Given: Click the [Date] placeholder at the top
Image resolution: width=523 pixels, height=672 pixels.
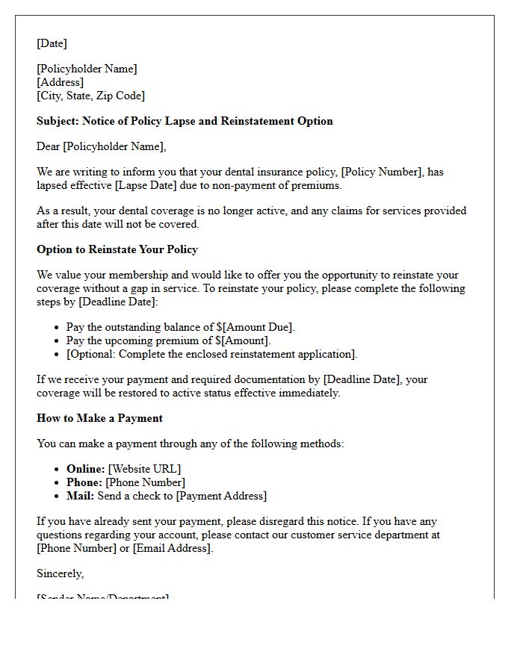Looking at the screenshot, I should (x=52, y=43).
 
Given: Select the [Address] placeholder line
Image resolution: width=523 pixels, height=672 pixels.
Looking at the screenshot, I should (x=60, y=82).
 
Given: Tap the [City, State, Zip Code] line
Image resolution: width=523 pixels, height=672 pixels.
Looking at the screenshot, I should (x=90, y=96).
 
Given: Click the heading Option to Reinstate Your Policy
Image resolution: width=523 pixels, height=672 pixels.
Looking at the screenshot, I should (x=117, y=249).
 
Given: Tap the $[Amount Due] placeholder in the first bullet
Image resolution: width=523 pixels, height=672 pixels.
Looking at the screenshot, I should (x=253, y=327).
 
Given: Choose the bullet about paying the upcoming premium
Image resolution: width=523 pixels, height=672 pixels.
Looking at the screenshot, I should (x=168, y=340).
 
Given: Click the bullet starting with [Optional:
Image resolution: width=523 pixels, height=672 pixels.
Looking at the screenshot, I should (x=211, y=354).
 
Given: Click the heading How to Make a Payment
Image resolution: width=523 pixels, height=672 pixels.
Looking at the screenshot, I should (x=99, y=418).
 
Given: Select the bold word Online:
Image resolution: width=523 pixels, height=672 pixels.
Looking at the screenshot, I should (x=85, y=469).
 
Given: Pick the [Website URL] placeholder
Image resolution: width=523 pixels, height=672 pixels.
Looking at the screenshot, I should (x=144, y=469).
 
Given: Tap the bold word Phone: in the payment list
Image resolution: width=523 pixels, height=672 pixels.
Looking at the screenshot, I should (x=84, y=482).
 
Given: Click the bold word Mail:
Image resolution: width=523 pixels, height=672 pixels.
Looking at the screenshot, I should (x=80, y=496).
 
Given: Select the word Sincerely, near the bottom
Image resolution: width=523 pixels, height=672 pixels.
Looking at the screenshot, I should (x=61, y=573).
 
